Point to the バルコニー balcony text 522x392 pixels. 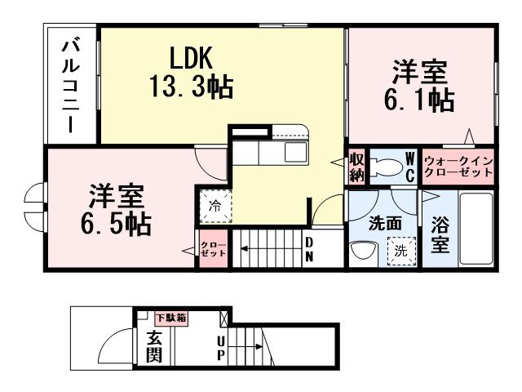71,86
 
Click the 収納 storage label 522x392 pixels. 356,166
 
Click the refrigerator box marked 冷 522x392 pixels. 214,206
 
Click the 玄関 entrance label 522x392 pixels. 154,345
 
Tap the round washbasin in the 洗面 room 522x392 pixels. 359,252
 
